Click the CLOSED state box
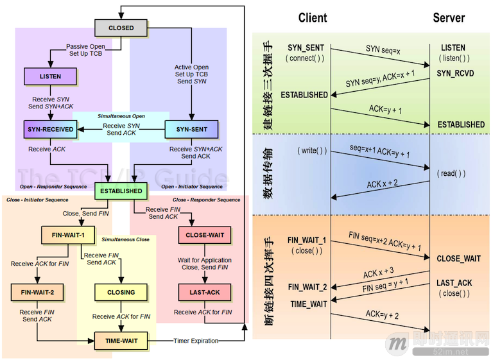[121, 28]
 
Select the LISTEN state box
[51, 76]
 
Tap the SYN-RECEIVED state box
[51, 129]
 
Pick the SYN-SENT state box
[191, 129]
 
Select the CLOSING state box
[121, 292]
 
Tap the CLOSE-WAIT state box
[205, 235]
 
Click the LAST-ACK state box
[205, 292]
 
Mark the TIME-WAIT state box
[121, 340]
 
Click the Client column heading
[313, 18]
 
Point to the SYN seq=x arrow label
[383, 50]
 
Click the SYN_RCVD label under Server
[455, 74]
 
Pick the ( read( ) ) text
[452, 173]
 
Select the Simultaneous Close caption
[126, 239]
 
